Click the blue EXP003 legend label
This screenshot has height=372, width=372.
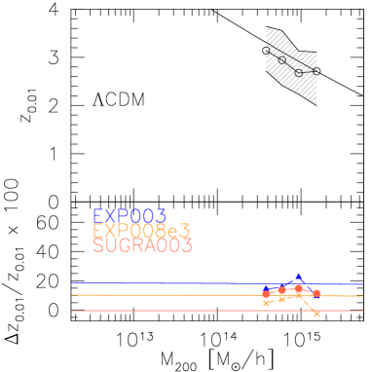(x=129, y=216)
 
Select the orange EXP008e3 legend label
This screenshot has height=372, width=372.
(x=141, y=231)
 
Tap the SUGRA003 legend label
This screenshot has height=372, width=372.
(x=142, y=245)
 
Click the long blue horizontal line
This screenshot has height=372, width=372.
(x=146, y=282)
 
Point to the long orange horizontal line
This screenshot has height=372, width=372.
(x=146, y=294)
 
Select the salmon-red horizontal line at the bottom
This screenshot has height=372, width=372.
(x=146, y=311)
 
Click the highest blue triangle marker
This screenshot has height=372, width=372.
(x=298, y=277)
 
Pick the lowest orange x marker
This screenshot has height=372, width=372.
(x=316, y=314)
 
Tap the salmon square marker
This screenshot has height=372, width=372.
(x=316, y=293)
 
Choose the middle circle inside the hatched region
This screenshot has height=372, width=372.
(x=282, y=60)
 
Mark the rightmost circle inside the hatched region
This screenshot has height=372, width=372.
(x=298, y=72)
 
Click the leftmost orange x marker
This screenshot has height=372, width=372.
(x=266, y=303)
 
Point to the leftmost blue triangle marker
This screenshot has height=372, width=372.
(x=266, y=288)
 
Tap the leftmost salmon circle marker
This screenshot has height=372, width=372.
(x=266, y=293)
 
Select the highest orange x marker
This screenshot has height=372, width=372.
(x=298, y=294)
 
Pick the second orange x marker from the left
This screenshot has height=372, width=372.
(x=281, y=298)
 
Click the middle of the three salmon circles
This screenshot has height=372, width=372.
(x=281, y=290)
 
